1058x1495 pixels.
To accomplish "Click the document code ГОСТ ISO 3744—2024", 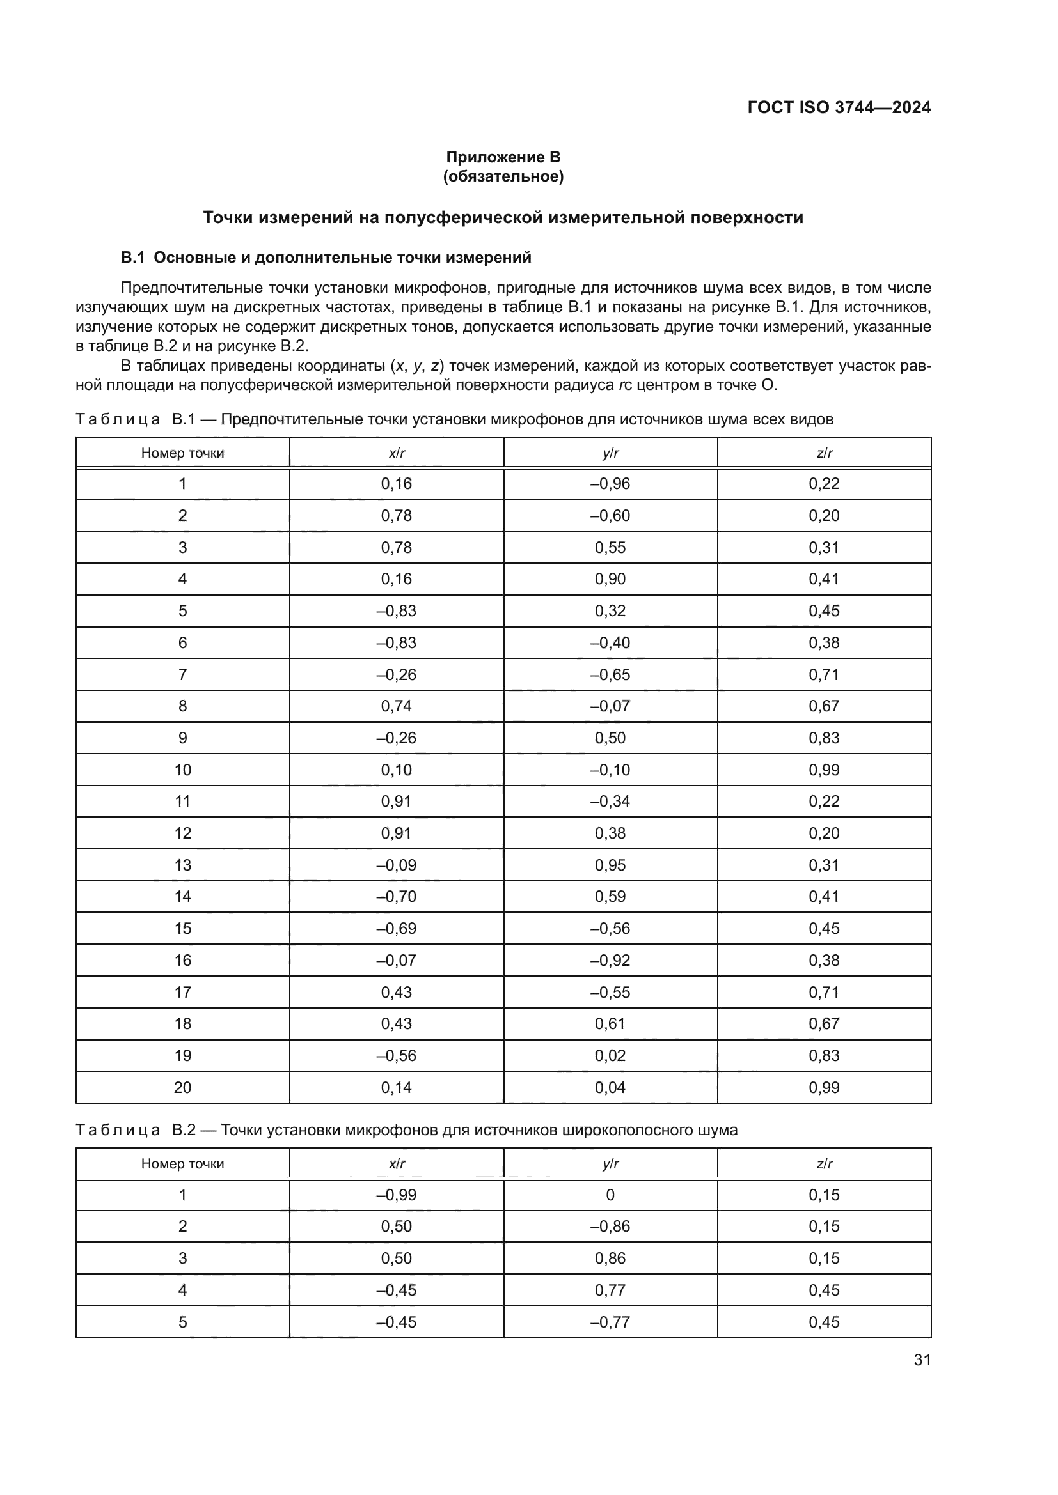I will pyautogui.click(x=839, y=107).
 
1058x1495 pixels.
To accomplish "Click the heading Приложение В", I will pyautogui.click(x=503, y=157).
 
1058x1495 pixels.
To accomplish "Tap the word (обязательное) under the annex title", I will pyautogui.click(x=503, y=176).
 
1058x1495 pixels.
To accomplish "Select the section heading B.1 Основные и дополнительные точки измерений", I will pyautogui.click(x=326, y=258).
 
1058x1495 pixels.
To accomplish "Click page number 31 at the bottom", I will pyautogui.click(x=922, y=1359).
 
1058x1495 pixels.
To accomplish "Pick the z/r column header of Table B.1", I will pyautogui.click(x=824, y=453).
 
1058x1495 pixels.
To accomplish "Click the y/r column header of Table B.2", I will pyautogui.click(x=610, y=1163).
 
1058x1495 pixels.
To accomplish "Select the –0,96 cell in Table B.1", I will pyautogui.click(x=610, y=484).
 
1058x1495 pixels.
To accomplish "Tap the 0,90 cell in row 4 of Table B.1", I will pyautogui.click(x=610, y=579).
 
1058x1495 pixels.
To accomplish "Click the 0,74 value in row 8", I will pyautogui.click(x=396, y=706).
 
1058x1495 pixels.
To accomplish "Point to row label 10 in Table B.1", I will pyautogui.click(x=182, y=770).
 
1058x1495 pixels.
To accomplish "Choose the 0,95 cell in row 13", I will pyautogui.click(x=610, y=865).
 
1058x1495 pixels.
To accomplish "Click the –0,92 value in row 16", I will pyautogui.click(x=610, y=961).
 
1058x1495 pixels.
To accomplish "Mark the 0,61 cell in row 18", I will pyautogui.click(x=610, y=1023).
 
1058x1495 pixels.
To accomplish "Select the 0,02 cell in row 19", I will pyautogui.click(x=610, y=1055).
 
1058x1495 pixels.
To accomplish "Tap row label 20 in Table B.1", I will pyautogui.click(x=182, y=1087).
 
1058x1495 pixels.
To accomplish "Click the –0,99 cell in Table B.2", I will pyautogui.click(x=396, y=1195).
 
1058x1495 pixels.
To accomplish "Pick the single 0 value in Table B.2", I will pyautogui.click(x=610, y=1195).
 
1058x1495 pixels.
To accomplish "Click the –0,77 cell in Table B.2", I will pyautogui.click(x=610, y=1322).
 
